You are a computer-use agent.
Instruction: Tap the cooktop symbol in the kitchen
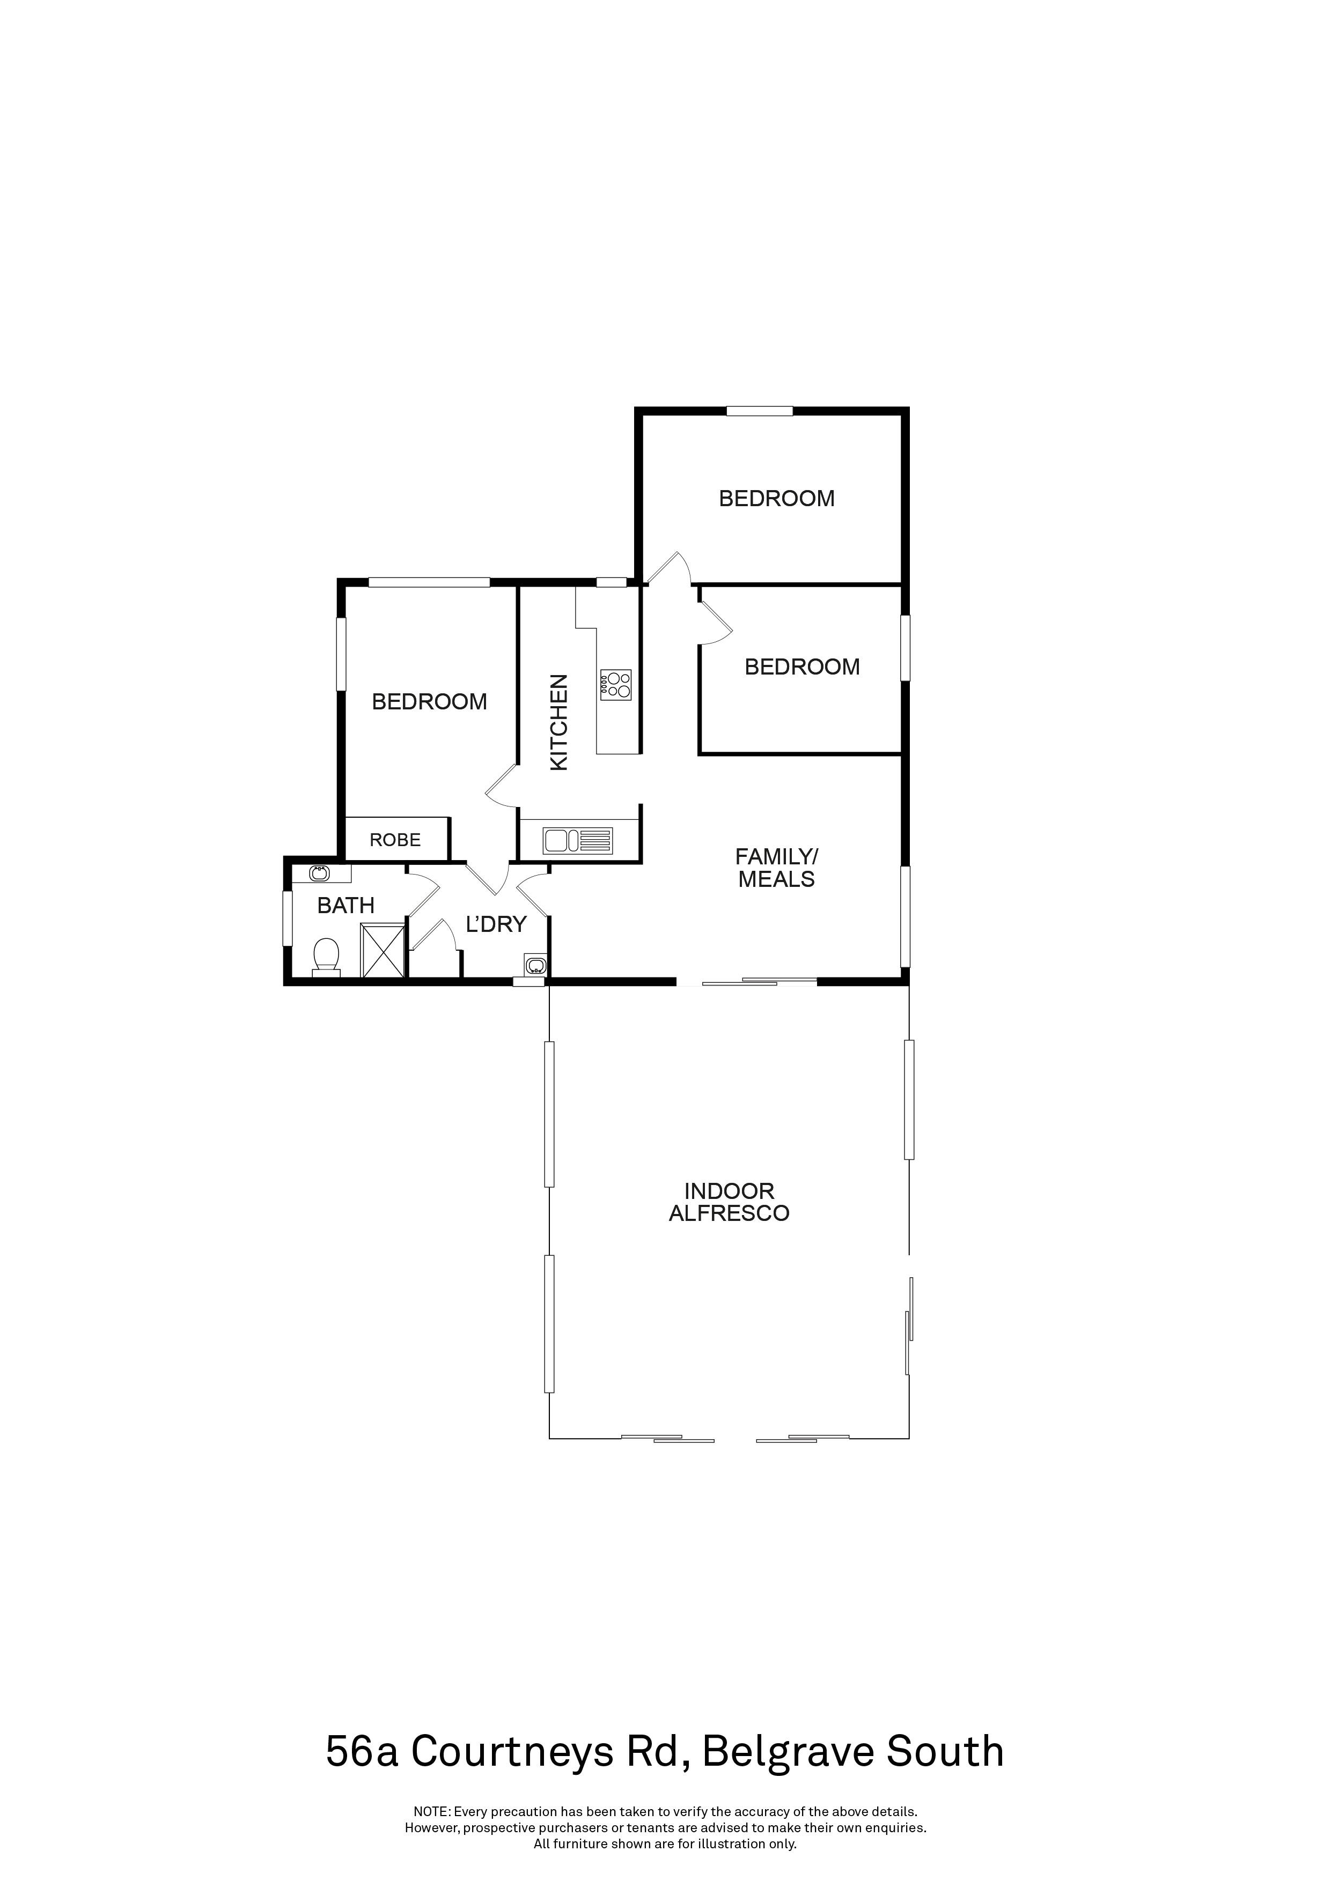615,684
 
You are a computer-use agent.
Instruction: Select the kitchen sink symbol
577,841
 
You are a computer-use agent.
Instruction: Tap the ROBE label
395,840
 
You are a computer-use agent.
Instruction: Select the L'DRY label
495,924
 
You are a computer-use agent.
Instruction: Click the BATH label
346,905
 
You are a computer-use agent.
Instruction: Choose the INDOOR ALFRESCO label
729,1202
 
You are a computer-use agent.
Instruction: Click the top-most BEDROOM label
776,498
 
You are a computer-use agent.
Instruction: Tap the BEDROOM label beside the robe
430,701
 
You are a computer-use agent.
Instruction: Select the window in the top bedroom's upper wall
760,411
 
